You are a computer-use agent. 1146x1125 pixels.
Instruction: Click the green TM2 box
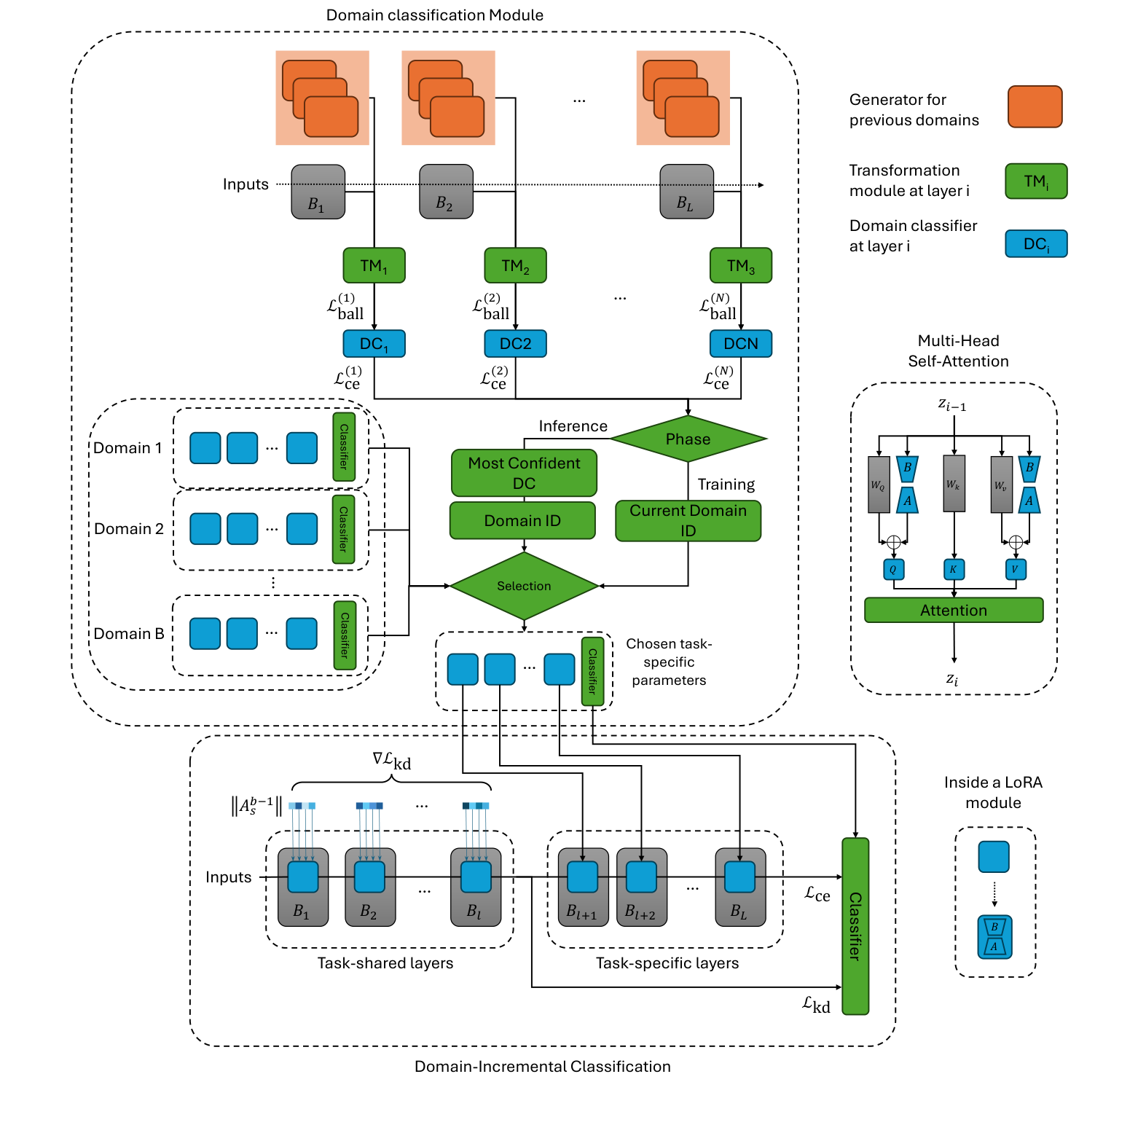515,265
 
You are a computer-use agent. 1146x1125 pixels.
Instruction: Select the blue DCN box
740,343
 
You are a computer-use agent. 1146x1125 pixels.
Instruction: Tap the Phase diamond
688,439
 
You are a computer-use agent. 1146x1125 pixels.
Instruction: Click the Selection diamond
524,586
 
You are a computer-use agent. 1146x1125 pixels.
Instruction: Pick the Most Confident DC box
524,473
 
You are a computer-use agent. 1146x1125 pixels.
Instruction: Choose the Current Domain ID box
688,520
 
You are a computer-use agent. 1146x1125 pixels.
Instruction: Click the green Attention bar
953,610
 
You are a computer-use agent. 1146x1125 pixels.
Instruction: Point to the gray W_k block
954,484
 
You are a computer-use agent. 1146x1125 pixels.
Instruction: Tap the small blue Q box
893,569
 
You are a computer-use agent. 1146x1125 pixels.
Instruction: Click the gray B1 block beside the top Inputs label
318,192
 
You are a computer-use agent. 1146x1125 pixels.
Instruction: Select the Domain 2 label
129,529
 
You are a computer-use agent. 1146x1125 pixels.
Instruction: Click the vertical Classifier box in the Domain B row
345,635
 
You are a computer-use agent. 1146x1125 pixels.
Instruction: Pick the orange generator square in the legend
1035,107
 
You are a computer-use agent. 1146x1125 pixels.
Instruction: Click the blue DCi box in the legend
1035,243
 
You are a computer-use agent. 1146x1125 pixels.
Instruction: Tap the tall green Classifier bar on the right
855,925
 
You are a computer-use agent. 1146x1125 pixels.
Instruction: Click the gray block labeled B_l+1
582,887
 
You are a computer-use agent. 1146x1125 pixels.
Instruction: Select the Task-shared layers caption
385,963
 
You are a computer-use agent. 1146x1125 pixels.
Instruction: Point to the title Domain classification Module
434,15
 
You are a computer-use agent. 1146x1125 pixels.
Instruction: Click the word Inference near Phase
573,426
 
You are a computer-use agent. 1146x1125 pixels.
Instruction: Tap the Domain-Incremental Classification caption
542,1067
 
